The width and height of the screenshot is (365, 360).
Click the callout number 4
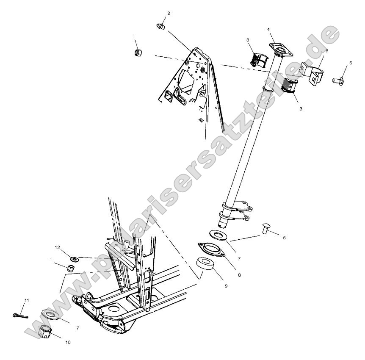(x=268, y=30)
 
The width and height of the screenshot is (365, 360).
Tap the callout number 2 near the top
(x=169, y=13)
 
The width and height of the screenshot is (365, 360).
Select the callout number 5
(x=327, y=50)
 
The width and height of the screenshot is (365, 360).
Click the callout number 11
(x=27, y=300)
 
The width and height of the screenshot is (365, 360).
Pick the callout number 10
(x=68, y=342)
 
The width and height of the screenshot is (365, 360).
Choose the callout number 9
(x=226, y=286)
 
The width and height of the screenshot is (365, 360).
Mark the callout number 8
(x=239, y=275)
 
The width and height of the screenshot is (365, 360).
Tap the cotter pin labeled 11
(x=20, y=316)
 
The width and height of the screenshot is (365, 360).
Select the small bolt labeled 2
(x=160, y=26)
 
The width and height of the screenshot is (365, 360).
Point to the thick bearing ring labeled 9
(x=205, y=263)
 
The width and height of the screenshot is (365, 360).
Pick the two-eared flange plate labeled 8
(x=211, y=249)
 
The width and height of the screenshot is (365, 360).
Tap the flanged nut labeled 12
(x=75, y=259)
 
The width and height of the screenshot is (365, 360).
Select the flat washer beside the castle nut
(x=50, y=314)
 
